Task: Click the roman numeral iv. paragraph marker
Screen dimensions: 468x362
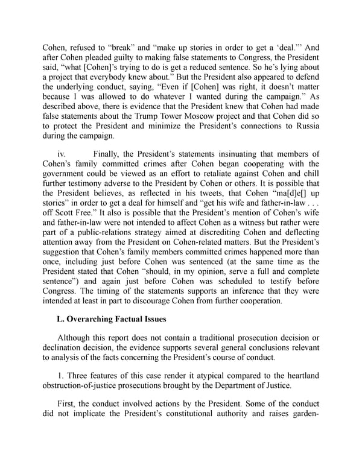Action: click(61, 155)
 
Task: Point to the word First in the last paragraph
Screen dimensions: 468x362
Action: click(68, 416)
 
